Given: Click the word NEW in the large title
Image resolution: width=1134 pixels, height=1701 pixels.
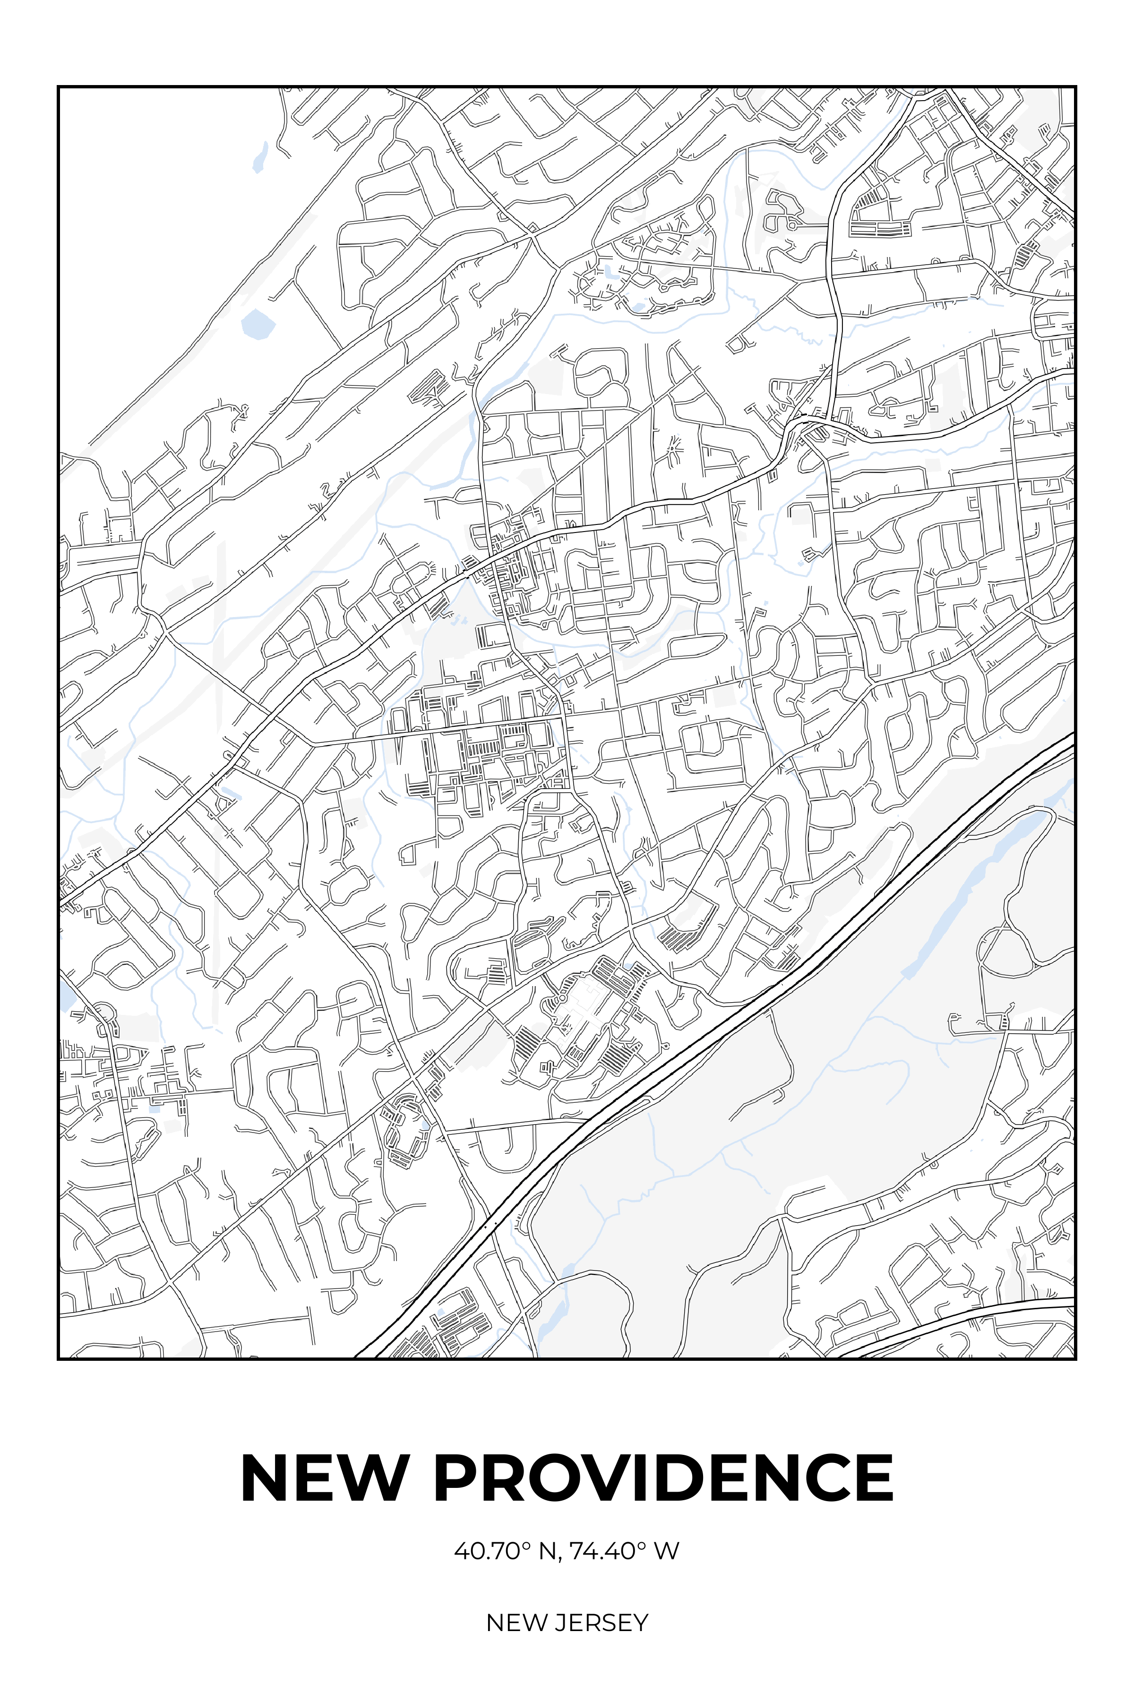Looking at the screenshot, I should click(x=323, y=1478).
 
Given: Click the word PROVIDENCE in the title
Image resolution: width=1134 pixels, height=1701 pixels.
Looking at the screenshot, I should click(x=663, y=1478).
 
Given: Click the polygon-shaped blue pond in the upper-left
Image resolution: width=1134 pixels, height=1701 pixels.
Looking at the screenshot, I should click(x=258, y=325).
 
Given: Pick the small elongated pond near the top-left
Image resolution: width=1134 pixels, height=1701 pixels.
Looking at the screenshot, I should click(x=259, y=157).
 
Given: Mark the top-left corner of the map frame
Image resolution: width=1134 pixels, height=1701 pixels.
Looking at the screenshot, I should click(x=58, y=87).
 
